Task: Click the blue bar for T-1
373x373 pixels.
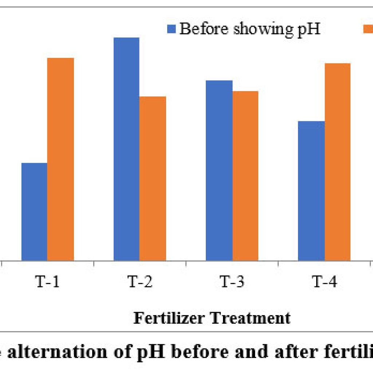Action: (34, 212)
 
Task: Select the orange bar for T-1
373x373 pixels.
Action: (60, 159)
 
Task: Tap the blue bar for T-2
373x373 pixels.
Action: (126, 149)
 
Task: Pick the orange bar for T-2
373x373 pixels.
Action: (153, 178)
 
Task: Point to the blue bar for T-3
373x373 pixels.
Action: (219, 170)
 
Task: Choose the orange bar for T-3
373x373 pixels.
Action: (245, 176)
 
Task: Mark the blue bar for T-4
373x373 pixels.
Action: (311, 191)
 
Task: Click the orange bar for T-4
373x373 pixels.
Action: (338, 162)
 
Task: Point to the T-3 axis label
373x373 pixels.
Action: (232, 282)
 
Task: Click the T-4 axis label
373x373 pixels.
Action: (324, 282)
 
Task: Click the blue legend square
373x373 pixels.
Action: (172, 29)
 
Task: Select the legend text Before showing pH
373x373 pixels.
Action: (250, 29)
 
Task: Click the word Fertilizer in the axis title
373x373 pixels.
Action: (167, 318)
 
